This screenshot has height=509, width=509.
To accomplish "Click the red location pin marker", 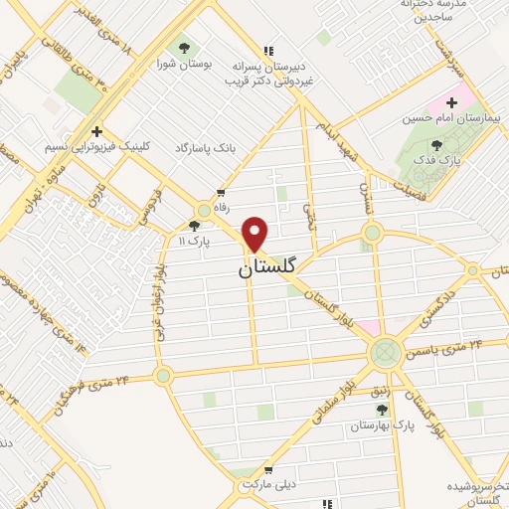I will pyautogui.click(x=255, y=234).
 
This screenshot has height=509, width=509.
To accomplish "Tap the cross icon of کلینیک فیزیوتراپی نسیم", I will pyautogui.click(x=96, y=131).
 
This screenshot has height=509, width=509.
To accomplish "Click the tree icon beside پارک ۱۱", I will pyautogui.click(x=195, y=226).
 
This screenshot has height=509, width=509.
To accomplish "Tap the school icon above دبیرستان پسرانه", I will pyautogui.click(x=267, y=50).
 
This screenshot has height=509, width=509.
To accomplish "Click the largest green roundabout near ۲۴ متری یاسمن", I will pyautogui.click(x=385, y=353).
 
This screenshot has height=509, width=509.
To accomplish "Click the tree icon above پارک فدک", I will pyautogui.click(x=436, y=145).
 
